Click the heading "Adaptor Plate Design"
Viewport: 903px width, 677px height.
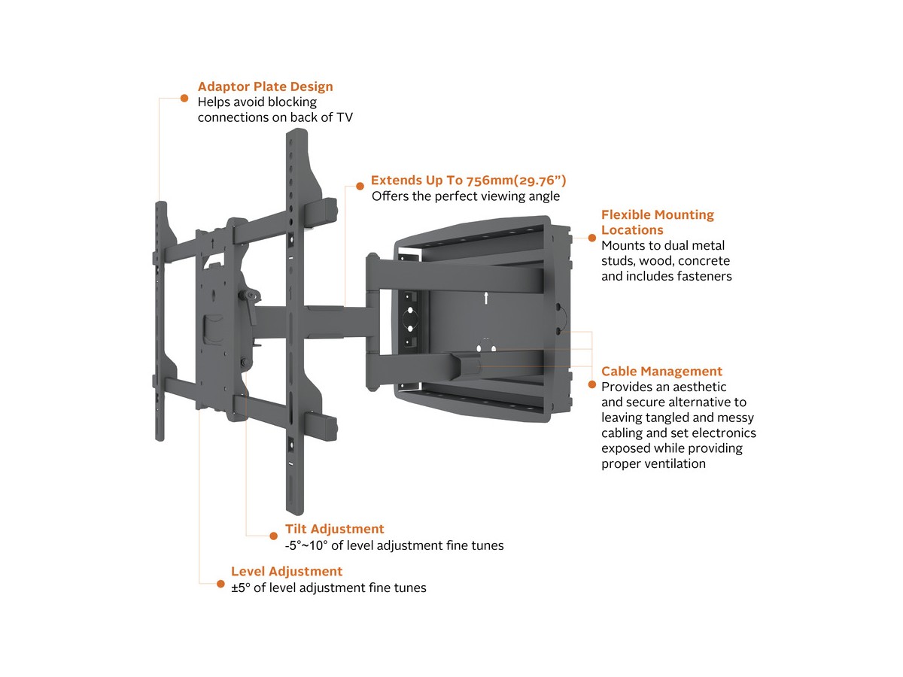click(265, 87)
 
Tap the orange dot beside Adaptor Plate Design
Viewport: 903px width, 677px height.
click(184, 97)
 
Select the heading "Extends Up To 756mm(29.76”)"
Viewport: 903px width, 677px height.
click(468, 181)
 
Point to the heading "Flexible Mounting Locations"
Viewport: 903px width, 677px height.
click(657, 222)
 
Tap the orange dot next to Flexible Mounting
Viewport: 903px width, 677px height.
click(591, 236)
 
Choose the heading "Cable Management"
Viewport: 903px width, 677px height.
click(661, 371)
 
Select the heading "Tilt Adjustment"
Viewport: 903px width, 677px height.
click(334, 529)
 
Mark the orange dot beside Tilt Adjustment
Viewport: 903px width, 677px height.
click(272, 536)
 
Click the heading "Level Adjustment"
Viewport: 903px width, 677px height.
click(286, 572)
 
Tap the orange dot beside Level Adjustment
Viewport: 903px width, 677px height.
click(219, 583)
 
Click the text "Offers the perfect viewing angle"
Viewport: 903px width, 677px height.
click(466, 196)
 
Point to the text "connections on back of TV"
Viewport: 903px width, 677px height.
click(275, 117)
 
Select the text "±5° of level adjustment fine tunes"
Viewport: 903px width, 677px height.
click(328, 587)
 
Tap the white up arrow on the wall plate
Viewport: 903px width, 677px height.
click(486, 297)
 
